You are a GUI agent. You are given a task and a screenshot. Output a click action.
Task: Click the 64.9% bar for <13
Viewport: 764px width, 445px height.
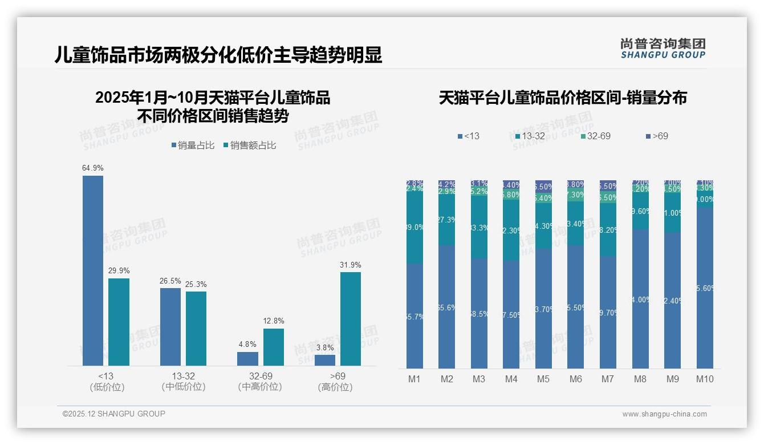[93, 270]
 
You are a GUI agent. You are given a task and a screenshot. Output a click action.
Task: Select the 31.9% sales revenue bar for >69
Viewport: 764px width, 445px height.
[351, 319]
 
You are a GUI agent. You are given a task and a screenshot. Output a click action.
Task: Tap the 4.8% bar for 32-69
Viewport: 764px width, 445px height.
[247, 359]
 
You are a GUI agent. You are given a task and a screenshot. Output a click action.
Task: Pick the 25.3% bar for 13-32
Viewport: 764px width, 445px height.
[196, 329]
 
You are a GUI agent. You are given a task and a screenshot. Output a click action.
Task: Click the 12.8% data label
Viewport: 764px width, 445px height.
[273, 321]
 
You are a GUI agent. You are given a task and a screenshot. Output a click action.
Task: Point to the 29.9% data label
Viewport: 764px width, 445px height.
[119, 270]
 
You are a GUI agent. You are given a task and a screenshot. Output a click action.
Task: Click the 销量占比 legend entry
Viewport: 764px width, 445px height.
[193, 145]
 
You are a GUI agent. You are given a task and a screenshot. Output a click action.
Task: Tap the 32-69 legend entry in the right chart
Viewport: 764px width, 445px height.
[595, 136]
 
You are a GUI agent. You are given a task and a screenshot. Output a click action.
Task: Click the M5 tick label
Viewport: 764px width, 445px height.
[543, 379]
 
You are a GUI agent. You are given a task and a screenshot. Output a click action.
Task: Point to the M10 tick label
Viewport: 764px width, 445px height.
[705, 379]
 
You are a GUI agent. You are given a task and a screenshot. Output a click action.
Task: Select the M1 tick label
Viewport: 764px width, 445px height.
[414, 379]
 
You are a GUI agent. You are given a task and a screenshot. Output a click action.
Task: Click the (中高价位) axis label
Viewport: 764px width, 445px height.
[260, 387]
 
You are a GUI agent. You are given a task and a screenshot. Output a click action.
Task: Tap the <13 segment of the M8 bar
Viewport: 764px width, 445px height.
[640, 299]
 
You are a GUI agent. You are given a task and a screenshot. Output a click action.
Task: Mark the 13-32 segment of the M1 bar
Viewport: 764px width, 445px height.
[414, 227]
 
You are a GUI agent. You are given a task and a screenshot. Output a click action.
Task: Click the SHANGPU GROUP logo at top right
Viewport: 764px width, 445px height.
[663, 48]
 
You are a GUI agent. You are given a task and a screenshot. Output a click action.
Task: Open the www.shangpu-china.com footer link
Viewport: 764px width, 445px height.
[664, 414]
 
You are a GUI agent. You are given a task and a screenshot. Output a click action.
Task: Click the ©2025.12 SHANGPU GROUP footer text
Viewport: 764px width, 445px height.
[114, 414]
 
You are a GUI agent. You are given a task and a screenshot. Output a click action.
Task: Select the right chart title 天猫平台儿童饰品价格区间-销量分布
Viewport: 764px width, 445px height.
[563, 98]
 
